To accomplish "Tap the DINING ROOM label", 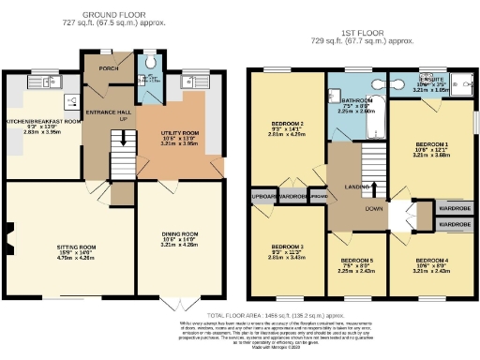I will (x=176, y=233).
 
